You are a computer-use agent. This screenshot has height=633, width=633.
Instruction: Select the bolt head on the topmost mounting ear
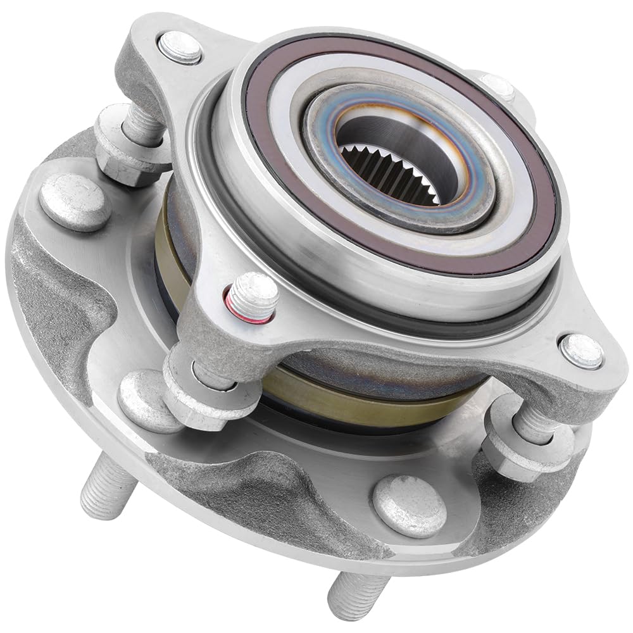click(180, 47)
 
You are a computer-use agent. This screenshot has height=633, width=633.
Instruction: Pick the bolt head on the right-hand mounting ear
click(581, 351)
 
